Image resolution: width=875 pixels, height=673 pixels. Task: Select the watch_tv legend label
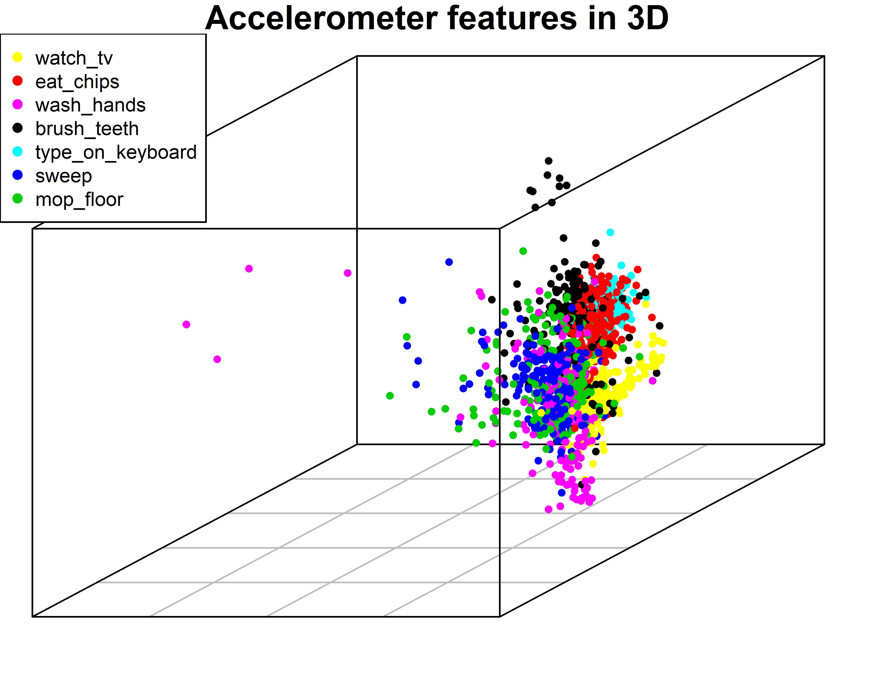point(74,58)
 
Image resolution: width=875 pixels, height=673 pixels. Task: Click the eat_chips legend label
point(77,82)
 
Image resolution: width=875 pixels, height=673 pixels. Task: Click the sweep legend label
point(64,176)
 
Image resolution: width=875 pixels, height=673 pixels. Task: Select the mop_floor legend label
point(79,200)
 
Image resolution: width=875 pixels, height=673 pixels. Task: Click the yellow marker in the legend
point(18,57)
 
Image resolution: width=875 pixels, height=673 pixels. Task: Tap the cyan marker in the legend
point(18,151)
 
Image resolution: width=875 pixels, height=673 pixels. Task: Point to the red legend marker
point(18,81)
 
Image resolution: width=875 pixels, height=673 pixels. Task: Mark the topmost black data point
point(549,161)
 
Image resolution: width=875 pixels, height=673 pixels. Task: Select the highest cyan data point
point(610,232)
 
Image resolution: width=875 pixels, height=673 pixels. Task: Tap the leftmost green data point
point(390,396)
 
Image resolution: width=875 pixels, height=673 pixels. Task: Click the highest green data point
point(523,251)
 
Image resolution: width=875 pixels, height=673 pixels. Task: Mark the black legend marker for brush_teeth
point(18,128)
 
